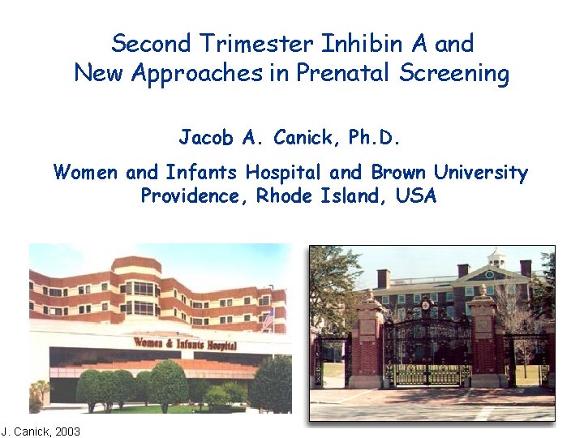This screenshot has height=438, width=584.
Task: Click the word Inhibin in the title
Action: pos(360,43)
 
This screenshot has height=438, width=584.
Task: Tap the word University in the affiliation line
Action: pos(481,172)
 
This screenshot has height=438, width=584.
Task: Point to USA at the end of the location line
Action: pos(418,196)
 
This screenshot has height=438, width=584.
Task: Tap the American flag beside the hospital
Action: pos(268,319)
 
